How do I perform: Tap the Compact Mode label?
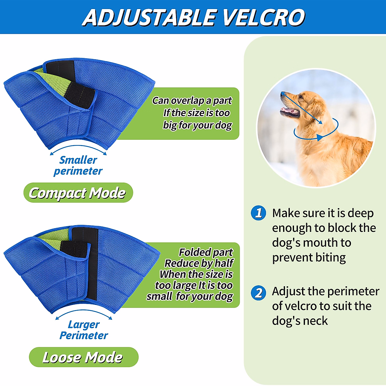tap(78, 193)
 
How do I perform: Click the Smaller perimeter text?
tap(78, 165)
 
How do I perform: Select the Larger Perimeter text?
tap(84, 330)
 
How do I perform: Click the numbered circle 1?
tap(259, 213)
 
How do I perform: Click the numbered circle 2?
tap(259, 293)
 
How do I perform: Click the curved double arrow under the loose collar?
tap(84, 313)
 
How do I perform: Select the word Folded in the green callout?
tap(192, 252)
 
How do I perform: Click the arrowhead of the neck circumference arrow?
tap(319, 138)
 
